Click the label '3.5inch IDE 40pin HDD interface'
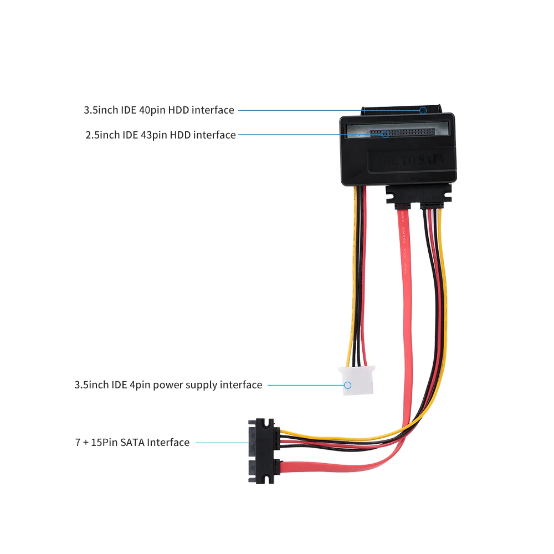158,110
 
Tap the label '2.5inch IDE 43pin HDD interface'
160,135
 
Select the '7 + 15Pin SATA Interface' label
132,443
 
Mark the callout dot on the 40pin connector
423,110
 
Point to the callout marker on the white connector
348,385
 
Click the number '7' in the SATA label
78,443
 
